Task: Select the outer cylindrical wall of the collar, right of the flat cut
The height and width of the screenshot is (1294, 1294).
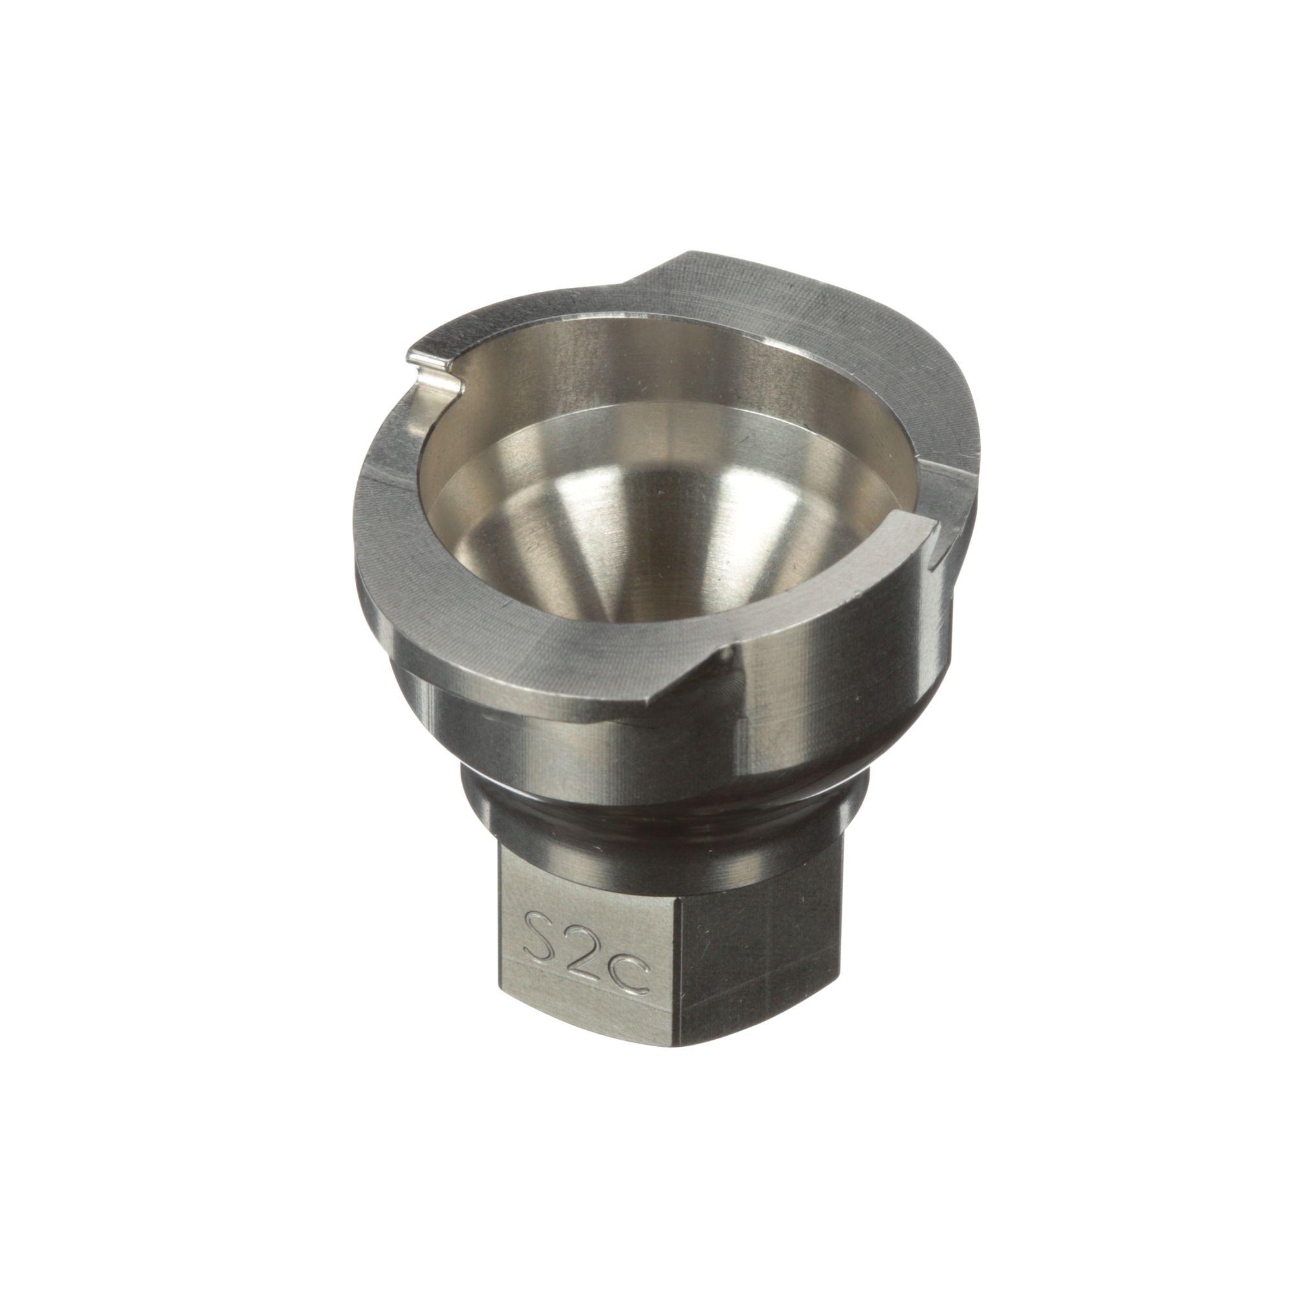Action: coord(837,670)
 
